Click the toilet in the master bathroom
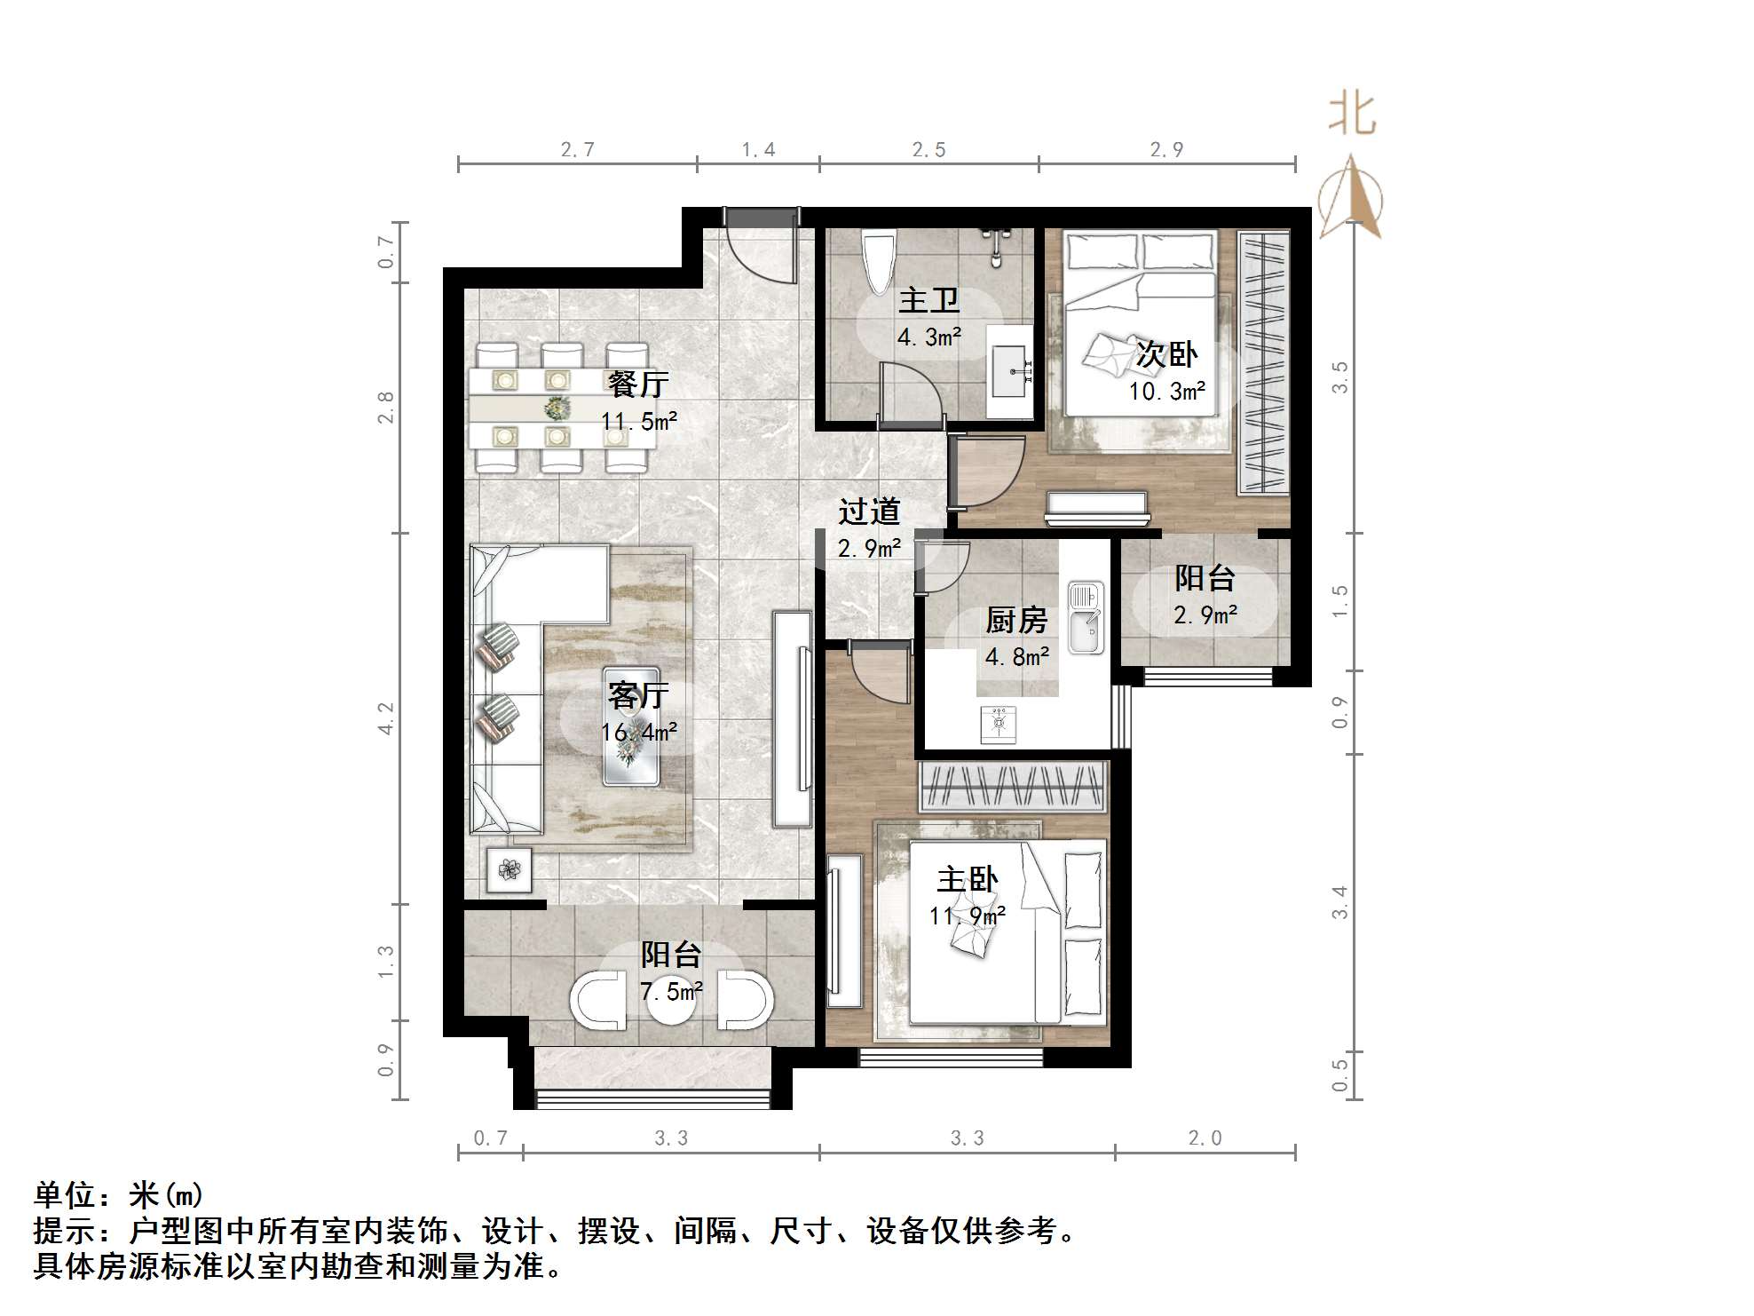(x=879, y=262)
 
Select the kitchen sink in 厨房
(x=1085, y=617)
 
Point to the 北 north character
(x=1352, y=115)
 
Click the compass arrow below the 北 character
(x=1350, y=197)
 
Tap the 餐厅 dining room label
(x=637, y=384)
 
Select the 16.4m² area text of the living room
(x=638, y=733)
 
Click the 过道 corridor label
(x=869, y=511)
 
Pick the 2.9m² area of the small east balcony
(x=1205, y=614)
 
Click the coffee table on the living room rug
(x=630, y=726)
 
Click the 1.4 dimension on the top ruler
(x=758, y=149)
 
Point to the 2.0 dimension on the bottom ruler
(x=1205, y=1138)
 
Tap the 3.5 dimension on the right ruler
(x=1340, y=377)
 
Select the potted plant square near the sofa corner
(x=510, y=869)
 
